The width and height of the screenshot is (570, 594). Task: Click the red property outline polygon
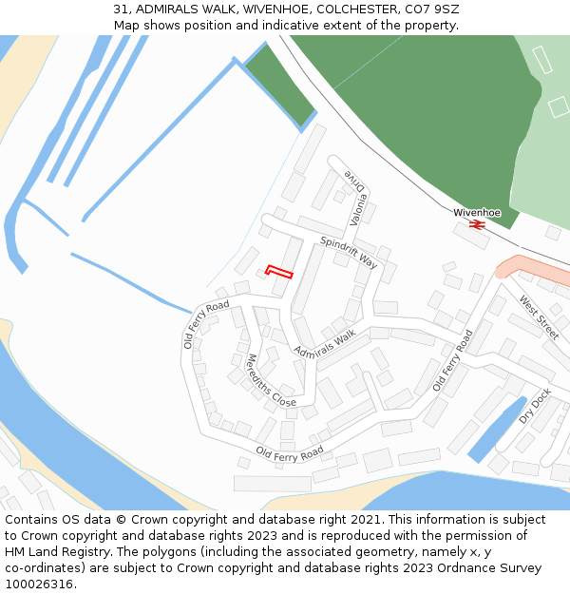pyautogui.click(x=279, y=272)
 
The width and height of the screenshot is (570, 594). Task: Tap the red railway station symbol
pyautogui.click(x=477, y=224)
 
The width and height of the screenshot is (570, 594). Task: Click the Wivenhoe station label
pyautogui.click(x=477, y=212)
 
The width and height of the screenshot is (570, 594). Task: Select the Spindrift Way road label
pyautogui.click(x=349, y=252)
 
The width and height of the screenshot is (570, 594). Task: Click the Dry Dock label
pyautogui.click(x=535, y=406)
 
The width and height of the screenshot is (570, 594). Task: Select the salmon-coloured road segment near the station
pyautogui.click(x=519, y=265)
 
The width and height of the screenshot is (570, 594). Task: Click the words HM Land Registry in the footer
pyautogui.click(x=49, y=551)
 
